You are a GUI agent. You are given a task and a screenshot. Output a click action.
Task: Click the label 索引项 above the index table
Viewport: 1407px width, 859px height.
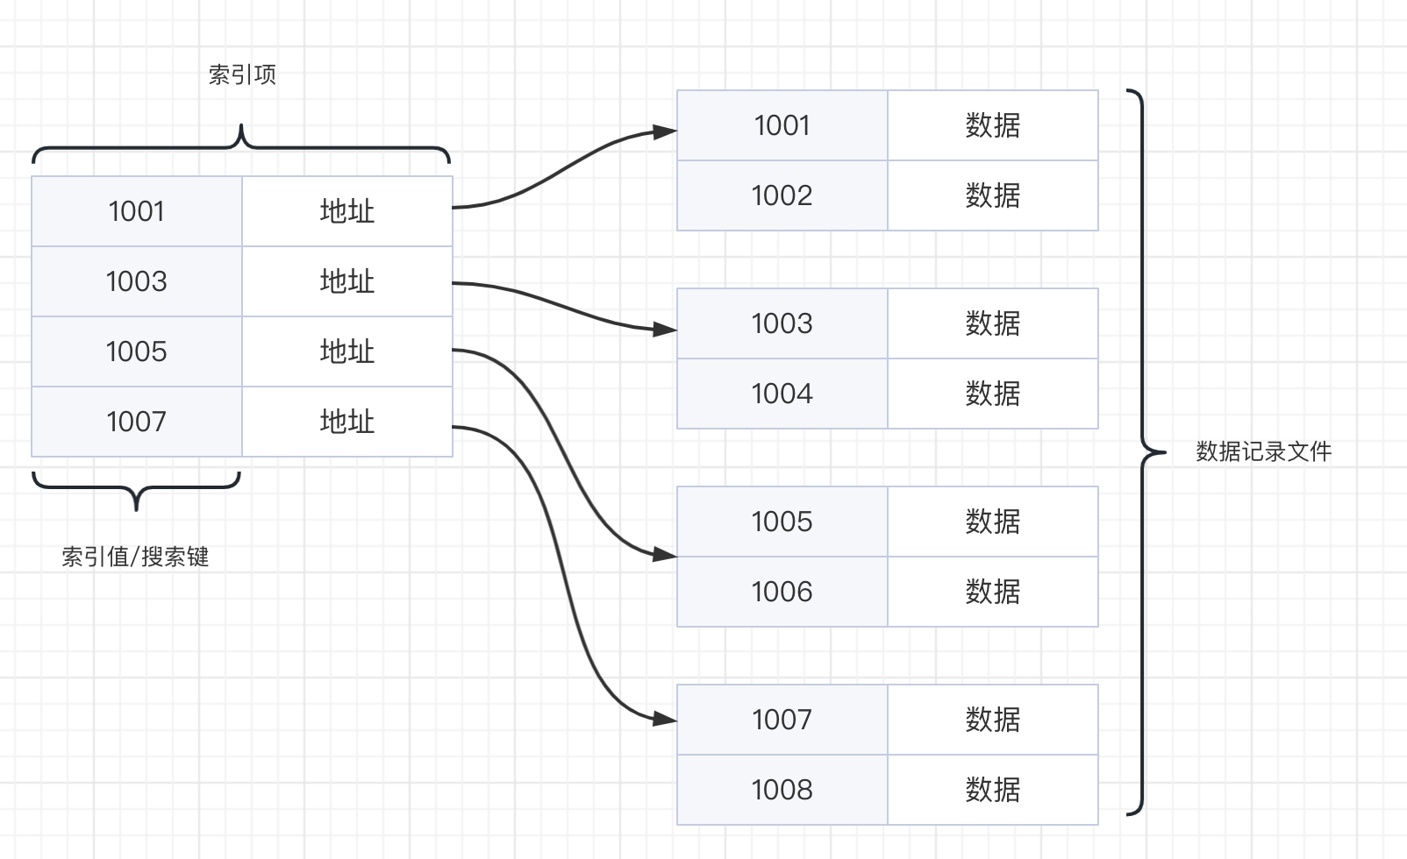pos(242,75)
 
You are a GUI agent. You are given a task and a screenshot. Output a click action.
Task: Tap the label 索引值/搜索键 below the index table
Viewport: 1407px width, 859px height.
pos(135,557)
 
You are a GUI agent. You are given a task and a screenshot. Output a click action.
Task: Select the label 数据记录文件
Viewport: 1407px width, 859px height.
pos(1263,451)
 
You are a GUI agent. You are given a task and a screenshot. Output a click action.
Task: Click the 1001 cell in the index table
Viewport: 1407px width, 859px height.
pos(137,211)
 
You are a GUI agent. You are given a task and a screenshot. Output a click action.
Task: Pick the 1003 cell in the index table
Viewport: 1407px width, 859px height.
pos(137,281)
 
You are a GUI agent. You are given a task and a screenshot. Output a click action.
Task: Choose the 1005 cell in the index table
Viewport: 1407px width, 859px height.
pos(137,351)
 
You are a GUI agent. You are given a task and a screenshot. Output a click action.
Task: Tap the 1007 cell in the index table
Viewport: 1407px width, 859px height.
pos(137,422)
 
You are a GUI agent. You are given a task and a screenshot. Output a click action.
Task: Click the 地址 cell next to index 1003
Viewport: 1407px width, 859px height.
pos(347,281)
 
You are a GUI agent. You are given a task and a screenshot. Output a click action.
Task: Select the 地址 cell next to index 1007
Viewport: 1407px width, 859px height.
pos(347,422)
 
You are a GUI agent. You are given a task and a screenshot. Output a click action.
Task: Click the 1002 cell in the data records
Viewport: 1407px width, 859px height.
pos(782,195)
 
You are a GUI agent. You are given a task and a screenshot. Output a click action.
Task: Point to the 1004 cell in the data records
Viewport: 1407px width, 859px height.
pos(782,394)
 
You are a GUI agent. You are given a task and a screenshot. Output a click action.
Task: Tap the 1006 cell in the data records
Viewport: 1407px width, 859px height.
pos(782,592)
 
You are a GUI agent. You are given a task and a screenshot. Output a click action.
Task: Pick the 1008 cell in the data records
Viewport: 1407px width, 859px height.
pos(782,790)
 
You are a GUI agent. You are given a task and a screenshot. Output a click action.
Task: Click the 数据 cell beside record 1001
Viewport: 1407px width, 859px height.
pos(993,125)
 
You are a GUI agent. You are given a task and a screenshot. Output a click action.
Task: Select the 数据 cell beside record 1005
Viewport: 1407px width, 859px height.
pos(993,522)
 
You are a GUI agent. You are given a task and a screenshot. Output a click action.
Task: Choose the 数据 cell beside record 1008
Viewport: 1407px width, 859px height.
pos(993,790)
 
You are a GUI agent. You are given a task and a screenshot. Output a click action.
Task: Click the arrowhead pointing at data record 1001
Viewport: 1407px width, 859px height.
pos(665,131)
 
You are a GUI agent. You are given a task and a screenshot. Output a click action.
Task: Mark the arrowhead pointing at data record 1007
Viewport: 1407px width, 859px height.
pos(665,719)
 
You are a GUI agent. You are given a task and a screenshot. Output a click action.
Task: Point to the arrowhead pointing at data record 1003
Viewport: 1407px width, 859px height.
pos(665,330)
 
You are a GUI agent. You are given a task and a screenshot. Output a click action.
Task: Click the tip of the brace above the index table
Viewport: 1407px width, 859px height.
pos(241,124)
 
